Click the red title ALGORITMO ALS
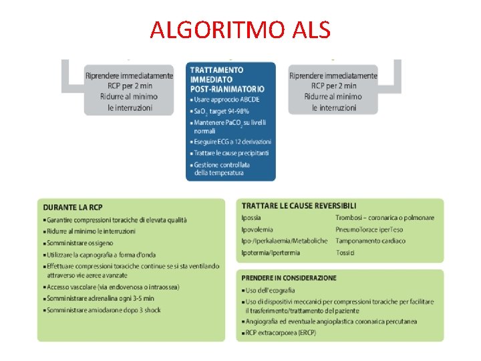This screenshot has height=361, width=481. pos(240,29)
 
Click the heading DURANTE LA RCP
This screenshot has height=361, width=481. pos(73,207)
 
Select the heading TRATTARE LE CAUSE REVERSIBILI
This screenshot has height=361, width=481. pos(299,206)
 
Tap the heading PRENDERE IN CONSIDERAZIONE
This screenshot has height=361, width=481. pos(289,277)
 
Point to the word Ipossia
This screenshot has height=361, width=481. pos(251,217)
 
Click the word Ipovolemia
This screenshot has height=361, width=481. pos(257,229)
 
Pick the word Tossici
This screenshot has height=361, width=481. pos(345,253)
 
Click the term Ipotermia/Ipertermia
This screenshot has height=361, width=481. pos(271,253)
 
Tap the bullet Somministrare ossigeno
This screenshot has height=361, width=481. pos(79,243)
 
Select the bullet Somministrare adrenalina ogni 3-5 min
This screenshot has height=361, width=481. pos(100,298)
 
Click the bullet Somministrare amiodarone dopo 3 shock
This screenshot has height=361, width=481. pos(104,310)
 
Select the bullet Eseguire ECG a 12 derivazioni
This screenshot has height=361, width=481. pos(232,142)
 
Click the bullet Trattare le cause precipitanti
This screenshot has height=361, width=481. pos(231,153)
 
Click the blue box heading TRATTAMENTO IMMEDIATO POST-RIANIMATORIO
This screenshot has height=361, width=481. pos(227,79)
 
